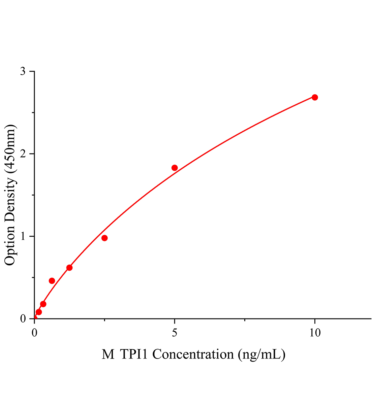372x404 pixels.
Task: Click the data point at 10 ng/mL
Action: pyautogui.click(x=315, y=97)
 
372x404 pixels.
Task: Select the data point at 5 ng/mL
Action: pyautogui.click(x=175, y=168)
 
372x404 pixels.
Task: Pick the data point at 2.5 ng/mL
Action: pyautogui.click(x=104, y=238)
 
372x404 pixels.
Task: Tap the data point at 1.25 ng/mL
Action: pyautogui.click(x=69, y=268)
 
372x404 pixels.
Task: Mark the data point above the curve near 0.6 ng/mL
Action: pyautogui.click(x=52, y=281)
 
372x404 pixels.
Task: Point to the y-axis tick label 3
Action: pyautogui.click(x=23, y=71)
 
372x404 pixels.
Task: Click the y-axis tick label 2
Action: pyautogui.click(x=23, y=154)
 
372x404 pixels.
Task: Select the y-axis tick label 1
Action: pyautogui.click(x=23, y=236)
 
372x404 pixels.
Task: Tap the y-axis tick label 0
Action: pyautogui.click(x=23, y=318)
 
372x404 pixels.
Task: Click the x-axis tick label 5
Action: pyautogui.click(x=175, y=333)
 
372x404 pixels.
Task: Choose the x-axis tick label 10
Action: pyautogui.click(x=315, y=333)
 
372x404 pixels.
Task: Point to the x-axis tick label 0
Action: pyautogui.click(x=34, y=333)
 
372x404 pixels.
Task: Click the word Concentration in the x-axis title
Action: pyautogui.click(x=192, y=355)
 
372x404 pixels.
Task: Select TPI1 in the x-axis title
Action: pyautogui.click(x=133, y=355)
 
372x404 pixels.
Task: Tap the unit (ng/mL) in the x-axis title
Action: pyautogui.click(x=261, y=355)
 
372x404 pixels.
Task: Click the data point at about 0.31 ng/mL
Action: pyautogui.click(x=43, y=304)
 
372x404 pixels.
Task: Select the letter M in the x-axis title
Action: pyautogui.click(x=108, y=355)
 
